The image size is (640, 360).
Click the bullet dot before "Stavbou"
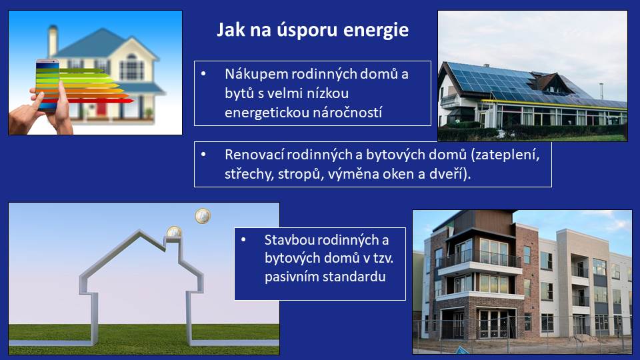[243, 239]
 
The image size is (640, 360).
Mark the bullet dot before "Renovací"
[203, 155]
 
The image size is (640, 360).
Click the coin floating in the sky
[203, 216]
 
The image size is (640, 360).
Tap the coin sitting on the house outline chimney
[174, 232]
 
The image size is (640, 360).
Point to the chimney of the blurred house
[53, 40]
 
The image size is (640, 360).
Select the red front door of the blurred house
[101, 109]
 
